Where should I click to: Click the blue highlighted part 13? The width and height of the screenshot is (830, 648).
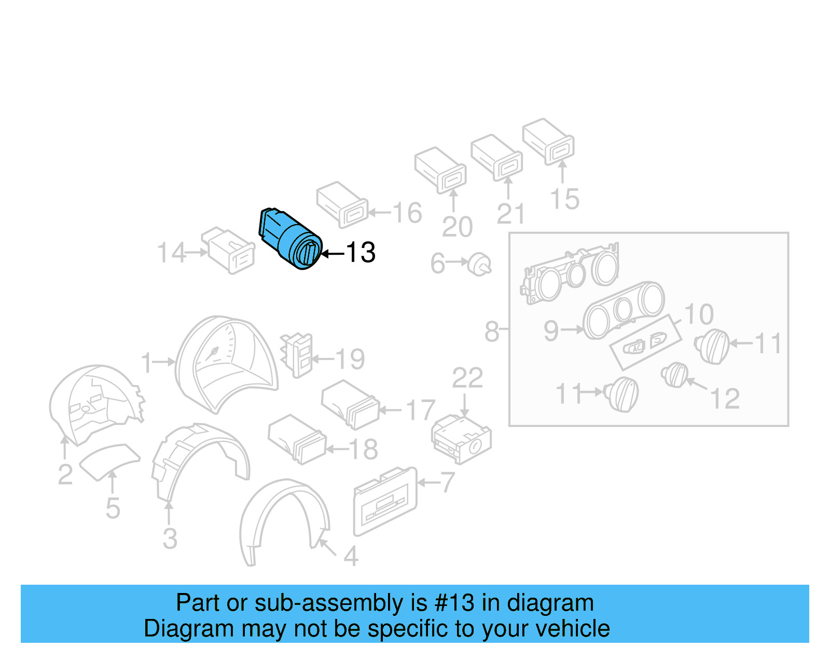point(290,238)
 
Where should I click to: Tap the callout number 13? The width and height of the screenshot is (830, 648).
point(361,253)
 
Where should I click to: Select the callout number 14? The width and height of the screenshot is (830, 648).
point(171,253)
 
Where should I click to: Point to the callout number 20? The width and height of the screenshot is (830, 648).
point(457,227)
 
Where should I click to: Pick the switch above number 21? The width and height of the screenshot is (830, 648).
point(496,157)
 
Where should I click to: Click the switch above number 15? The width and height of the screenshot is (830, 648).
point(548,141)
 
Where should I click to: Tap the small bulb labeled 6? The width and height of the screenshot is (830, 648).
point(480,264)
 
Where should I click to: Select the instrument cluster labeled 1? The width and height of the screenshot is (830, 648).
point(226,363)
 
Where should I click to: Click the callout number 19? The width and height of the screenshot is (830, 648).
point(350,359)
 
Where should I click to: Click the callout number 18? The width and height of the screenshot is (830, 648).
point(363,449)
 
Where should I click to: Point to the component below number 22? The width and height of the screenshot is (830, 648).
point(461,439)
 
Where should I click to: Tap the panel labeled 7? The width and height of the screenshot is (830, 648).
point(385,501)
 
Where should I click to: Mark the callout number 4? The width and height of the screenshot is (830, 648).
point(351,557)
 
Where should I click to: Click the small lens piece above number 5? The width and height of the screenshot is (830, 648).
point(109,461)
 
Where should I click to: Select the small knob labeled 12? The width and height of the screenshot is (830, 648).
point(675,375)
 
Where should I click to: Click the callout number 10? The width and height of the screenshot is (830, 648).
point(699,314)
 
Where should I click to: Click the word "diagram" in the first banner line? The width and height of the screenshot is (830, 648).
point(550,603)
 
